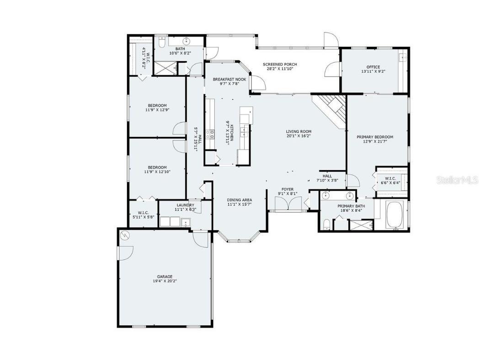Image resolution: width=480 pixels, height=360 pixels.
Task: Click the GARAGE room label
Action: click(165, 276)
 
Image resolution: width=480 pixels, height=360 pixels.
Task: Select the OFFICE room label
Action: click(373, 67)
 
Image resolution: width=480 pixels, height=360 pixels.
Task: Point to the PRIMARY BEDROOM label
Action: click(375, 137)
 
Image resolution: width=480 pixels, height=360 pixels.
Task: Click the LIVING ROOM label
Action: click(299, 131)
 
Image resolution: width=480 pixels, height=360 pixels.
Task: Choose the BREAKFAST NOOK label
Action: click(229, 79)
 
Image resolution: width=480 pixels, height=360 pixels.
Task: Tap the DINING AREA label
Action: click(240, 200)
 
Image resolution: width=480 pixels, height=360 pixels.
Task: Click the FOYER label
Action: click(288, 189)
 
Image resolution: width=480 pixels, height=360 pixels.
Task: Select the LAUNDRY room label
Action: click(185, 205)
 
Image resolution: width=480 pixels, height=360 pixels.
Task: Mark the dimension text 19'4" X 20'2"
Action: click(165, 281)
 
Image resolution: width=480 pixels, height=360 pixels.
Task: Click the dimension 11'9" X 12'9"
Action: click(157, 110)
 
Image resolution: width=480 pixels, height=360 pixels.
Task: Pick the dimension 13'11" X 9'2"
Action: click(373, 72)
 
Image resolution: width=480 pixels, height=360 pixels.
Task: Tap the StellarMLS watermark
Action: click(457, 180)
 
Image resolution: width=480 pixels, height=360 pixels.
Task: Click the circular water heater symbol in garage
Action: click(125, 236)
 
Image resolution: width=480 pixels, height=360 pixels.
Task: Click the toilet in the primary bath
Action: click(326, 224)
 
